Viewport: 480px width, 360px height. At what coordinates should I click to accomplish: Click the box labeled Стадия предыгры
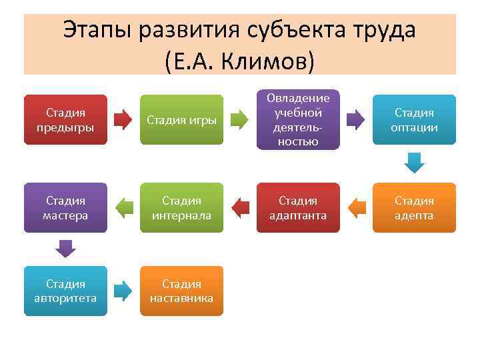pyautogui.click(x=65, y=120)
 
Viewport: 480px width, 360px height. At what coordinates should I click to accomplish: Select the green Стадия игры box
pyautogui.click(x=181, y=120)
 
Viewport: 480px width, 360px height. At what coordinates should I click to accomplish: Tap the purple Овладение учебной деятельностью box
pyautogui.click(x=298, y=120)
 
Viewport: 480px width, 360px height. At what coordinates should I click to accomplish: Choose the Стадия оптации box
pyautogui.click(x=414, y=120)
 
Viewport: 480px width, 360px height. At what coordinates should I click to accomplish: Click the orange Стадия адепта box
pyautogui.click(x=414, y=208)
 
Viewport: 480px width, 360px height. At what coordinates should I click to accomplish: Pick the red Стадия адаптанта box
pyautogui.click(x=298, y=208)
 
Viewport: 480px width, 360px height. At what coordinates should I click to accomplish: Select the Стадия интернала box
pyautogui.click(x=181, y=208)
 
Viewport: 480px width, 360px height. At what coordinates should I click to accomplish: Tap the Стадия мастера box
pyautogui.click(x=65, y=208)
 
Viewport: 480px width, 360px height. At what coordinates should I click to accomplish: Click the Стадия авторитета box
pyautogui.click(x=65, y=291)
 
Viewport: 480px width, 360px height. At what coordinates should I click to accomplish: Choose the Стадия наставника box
pyautogui.click(x=181, y=291)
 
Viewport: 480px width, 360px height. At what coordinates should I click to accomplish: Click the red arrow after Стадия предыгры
pyautogui.click(x=123, y=120)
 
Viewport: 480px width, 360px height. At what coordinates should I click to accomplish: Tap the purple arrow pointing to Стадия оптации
pyautogui.click(x=356, y=120)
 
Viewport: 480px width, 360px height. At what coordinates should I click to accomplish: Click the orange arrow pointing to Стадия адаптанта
pyautogui.click(x=356, y=208)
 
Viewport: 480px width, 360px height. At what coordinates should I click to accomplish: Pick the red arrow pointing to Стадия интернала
pyautogui.click(x=240, y=208)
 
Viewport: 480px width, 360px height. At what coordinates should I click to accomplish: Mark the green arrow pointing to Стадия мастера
pyautogui.click(x=123, y=208)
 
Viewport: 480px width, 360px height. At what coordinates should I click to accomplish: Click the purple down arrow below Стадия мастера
pyautogui.click(x=65, y=249)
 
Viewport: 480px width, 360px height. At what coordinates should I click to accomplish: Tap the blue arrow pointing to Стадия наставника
pyautogui.click(x=123, y=291)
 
